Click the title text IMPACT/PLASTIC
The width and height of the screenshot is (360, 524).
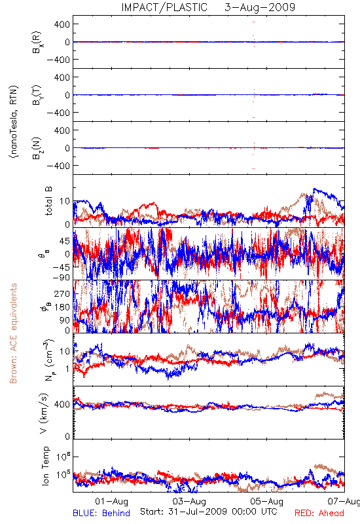(x=164, y=7)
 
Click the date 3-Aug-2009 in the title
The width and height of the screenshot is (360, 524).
(x=260, y=7)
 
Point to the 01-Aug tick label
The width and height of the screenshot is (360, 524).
(x=111, y=501)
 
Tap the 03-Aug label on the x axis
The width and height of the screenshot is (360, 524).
(x=189, y=501)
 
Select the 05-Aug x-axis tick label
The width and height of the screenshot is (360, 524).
(x=267, y=501)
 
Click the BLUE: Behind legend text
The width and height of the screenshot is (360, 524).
(x=101, y=514)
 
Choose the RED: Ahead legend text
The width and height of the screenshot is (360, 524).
(x=319, y=514)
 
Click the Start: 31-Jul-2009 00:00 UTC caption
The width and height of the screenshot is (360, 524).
(x=209, y=512)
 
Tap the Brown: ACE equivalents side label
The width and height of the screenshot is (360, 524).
(x=13, y=333)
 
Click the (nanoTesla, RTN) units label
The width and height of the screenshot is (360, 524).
(x=14, y=122)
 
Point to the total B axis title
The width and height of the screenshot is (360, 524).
(x=48, y=201)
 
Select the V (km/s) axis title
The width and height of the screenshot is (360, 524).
(x=44, y=414)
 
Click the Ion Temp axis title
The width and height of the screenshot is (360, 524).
(x=45, y=466)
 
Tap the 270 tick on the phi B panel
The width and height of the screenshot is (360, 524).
(x=62, y=293)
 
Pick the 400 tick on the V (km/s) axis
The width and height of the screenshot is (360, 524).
(x=62, y=404)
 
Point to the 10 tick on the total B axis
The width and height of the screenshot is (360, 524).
(x=65, y=201)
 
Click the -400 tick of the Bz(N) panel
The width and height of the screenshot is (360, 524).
(x=58, y=166)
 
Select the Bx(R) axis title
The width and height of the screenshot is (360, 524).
(x=37, y=42)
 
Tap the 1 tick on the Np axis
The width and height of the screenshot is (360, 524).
(x=68, y=369)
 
